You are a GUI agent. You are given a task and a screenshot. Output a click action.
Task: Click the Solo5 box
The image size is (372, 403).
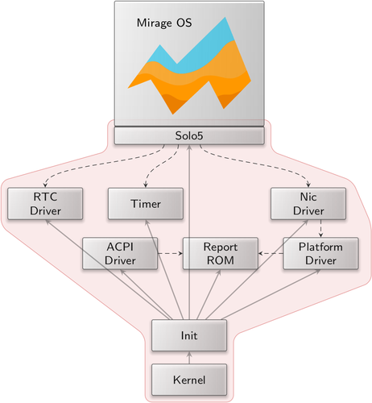coord(189,135)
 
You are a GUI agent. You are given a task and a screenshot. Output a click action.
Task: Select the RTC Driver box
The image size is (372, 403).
coord(45,204)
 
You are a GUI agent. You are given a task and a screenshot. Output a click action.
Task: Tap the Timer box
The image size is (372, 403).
coord(146,204)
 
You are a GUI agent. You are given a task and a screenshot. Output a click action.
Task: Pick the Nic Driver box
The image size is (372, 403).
coord(308,204)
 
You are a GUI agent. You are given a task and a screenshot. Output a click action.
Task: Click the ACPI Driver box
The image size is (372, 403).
coord(120,253)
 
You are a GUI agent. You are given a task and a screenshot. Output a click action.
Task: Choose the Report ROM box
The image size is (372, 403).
coord(221,253)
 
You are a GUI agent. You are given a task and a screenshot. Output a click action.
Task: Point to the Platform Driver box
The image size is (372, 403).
coord(320,253)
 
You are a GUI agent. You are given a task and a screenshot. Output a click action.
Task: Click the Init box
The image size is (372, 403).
coord(189,335)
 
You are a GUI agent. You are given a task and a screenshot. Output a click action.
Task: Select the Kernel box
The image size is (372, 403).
coord(189,380)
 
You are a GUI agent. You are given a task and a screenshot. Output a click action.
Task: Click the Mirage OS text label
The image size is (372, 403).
coord(164,23)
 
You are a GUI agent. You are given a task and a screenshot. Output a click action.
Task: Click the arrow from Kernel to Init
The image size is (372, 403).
coord(189,358)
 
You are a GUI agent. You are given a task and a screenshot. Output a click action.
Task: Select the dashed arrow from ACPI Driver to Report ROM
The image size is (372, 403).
coord(170,253)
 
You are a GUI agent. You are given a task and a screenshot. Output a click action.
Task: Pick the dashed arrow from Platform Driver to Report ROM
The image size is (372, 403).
coord(271,253)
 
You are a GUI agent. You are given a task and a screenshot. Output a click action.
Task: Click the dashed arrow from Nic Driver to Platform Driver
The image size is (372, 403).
coord(320,229)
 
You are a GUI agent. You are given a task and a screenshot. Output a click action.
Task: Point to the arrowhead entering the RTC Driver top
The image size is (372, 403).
coord(45,185)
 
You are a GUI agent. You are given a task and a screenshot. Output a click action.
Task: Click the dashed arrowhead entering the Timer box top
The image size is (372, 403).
coord(146,185)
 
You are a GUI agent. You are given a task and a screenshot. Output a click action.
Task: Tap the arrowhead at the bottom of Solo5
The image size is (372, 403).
coord(189,147)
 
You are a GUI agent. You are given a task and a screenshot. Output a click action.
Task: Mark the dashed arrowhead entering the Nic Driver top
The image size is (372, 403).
coord(308,185)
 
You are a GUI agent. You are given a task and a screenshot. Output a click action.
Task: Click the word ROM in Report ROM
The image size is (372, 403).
coord(221,260)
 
